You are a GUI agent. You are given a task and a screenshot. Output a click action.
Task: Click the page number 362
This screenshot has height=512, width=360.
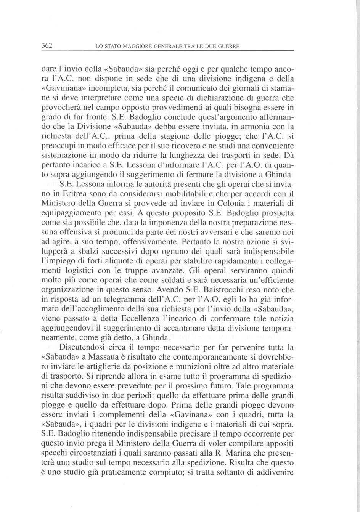click(47, 46)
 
